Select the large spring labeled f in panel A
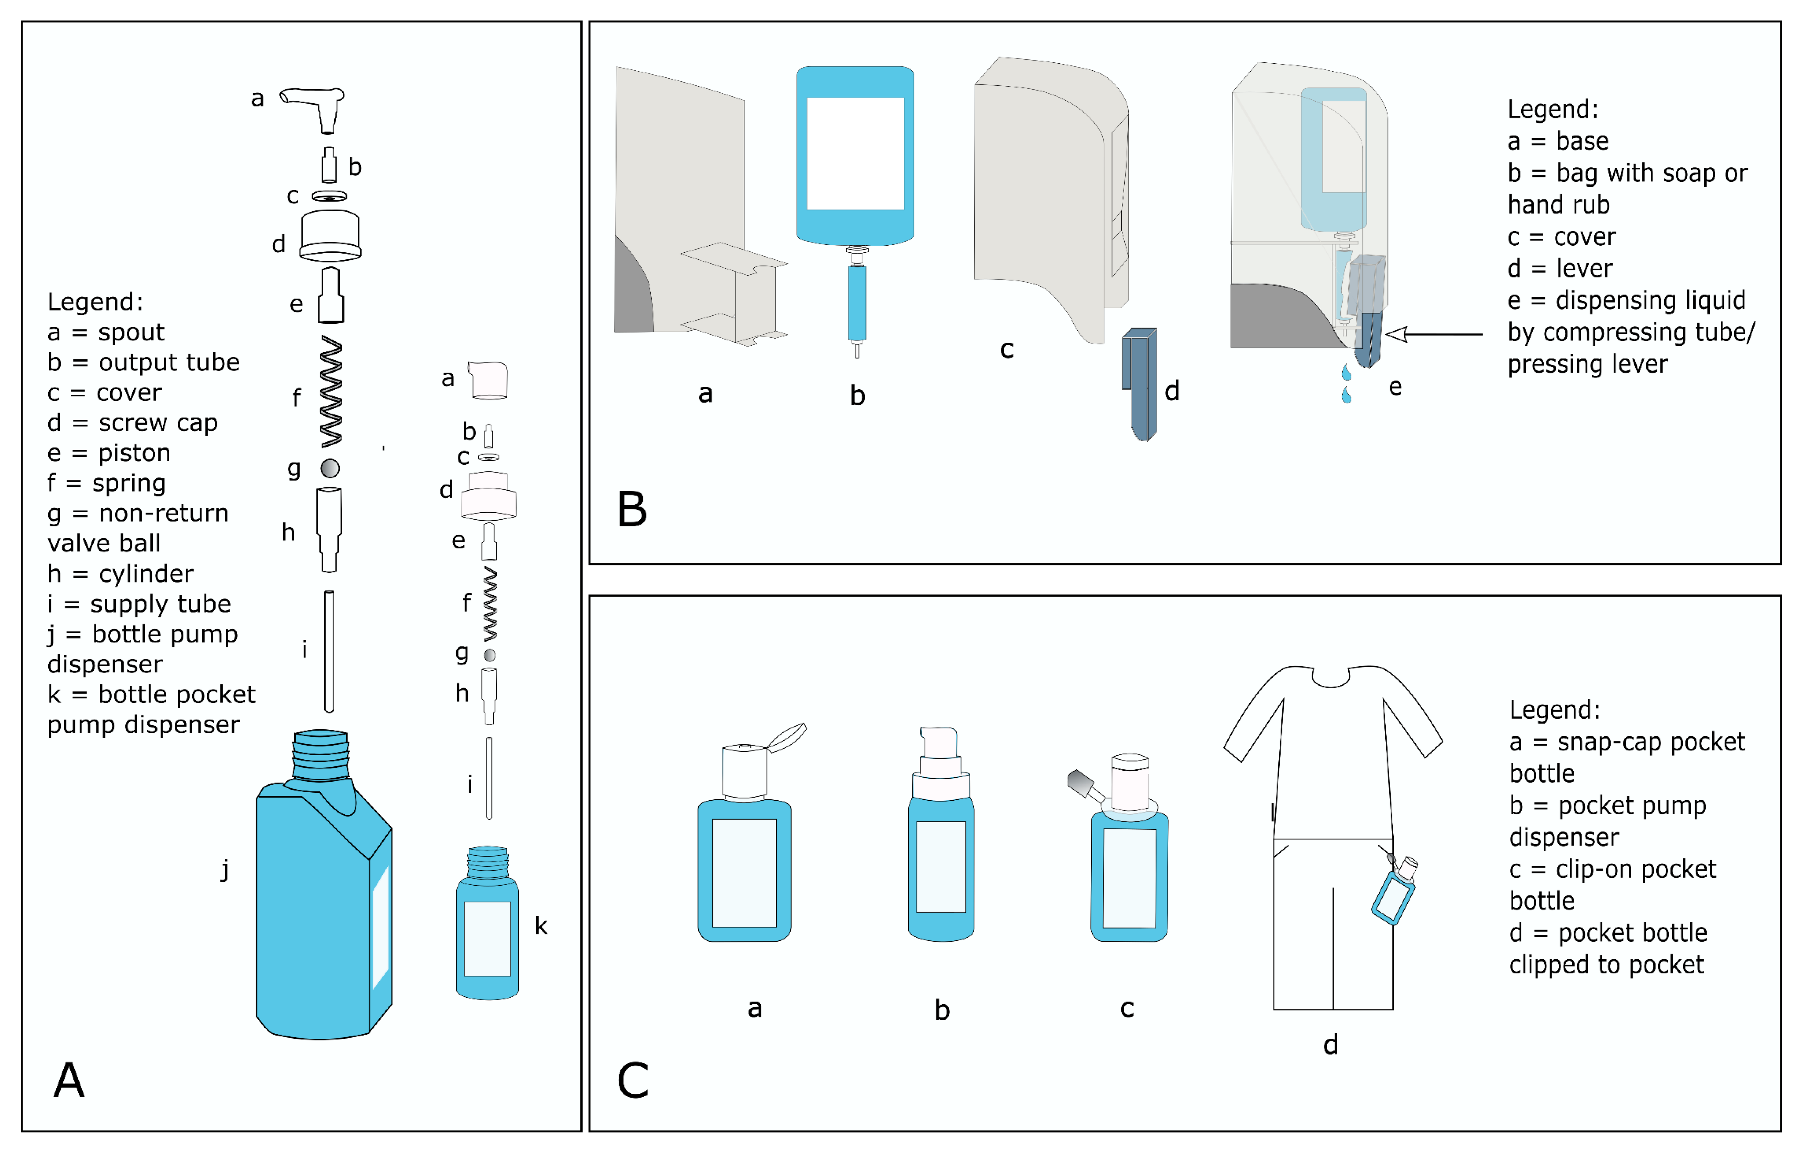tap(331, 391)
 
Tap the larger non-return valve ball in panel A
tap(330, 468)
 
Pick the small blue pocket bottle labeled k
tap(487, 935)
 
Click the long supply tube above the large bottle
tap(329, 651)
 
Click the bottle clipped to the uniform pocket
tap(1394, 894)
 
